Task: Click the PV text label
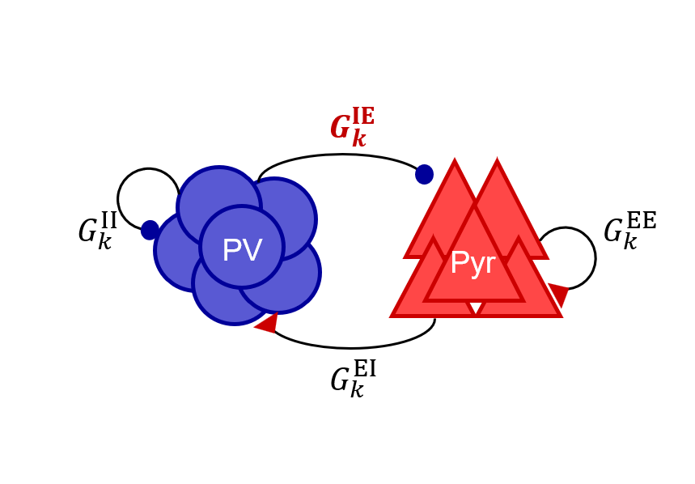[241, 251]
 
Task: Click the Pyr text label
[472, 264]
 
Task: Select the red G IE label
[352, 128]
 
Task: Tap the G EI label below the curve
[353, 379]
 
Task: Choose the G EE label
[629, 231]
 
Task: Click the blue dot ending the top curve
[424, 174]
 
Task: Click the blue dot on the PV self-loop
[150, 230]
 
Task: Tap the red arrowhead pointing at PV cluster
[267, 323]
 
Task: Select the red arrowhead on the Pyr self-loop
[558, 294]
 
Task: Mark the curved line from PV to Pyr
[341, 155]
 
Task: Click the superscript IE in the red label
[363, 117]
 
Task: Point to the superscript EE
[641, 220]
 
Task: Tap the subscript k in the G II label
[104, 241]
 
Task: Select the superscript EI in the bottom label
[364, 369]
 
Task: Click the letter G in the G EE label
[613, 232]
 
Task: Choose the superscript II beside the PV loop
[108, 220]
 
